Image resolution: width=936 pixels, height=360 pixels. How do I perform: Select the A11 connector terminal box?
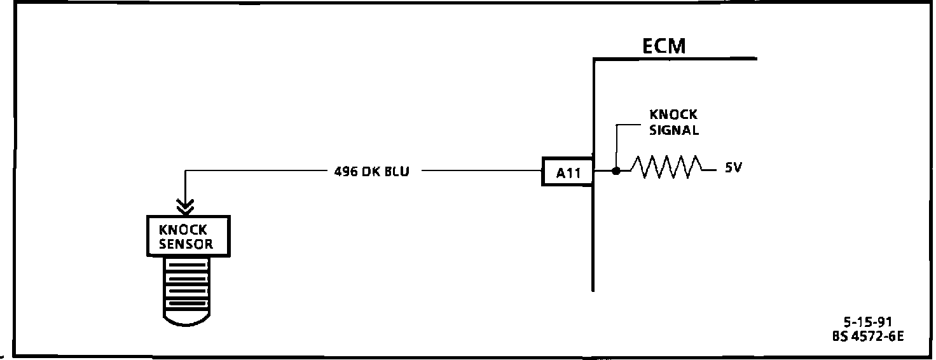[x=567, y=172]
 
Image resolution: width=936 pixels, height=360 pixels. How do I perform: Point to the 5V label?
[x=734, y=169]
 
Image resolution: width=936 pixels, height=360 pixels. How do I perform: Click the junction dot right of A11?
[x=616, y=170]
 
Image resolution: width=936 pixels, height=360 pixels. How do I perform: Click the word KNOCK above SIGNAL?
[x=673, y=115]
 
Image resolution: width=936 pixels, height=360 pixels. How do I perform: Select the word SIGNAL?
[x=674, y=131]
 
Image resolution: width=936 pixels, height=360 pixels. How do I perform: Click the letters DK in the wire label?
[x=371, y=172]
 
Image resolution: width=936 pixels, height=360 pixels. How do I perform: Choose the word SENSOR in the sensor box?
[x=186, y=244]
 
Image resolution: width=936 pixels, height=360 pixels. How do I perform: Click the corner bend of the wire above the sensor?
[x=185, y=171]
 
